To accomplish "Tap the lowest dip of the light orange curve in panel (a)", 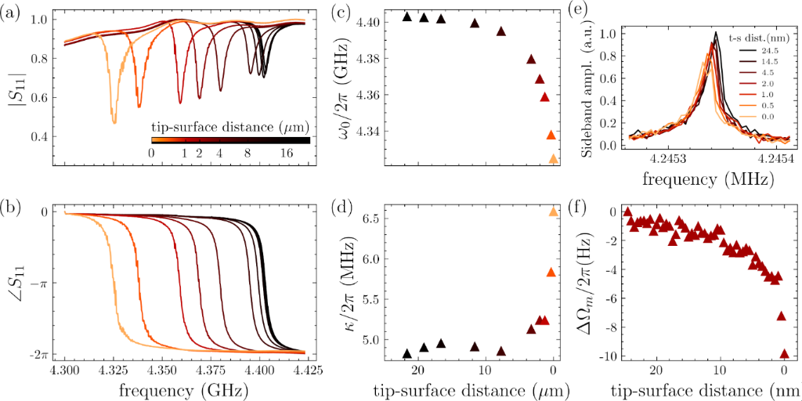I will point(114,122).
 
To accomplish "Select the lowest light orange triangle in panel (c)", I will point(554,159).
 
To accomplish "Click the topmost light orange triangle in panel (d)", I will point(554,211).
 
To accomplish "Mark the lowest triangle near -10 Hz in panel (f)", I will point(785,354).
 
